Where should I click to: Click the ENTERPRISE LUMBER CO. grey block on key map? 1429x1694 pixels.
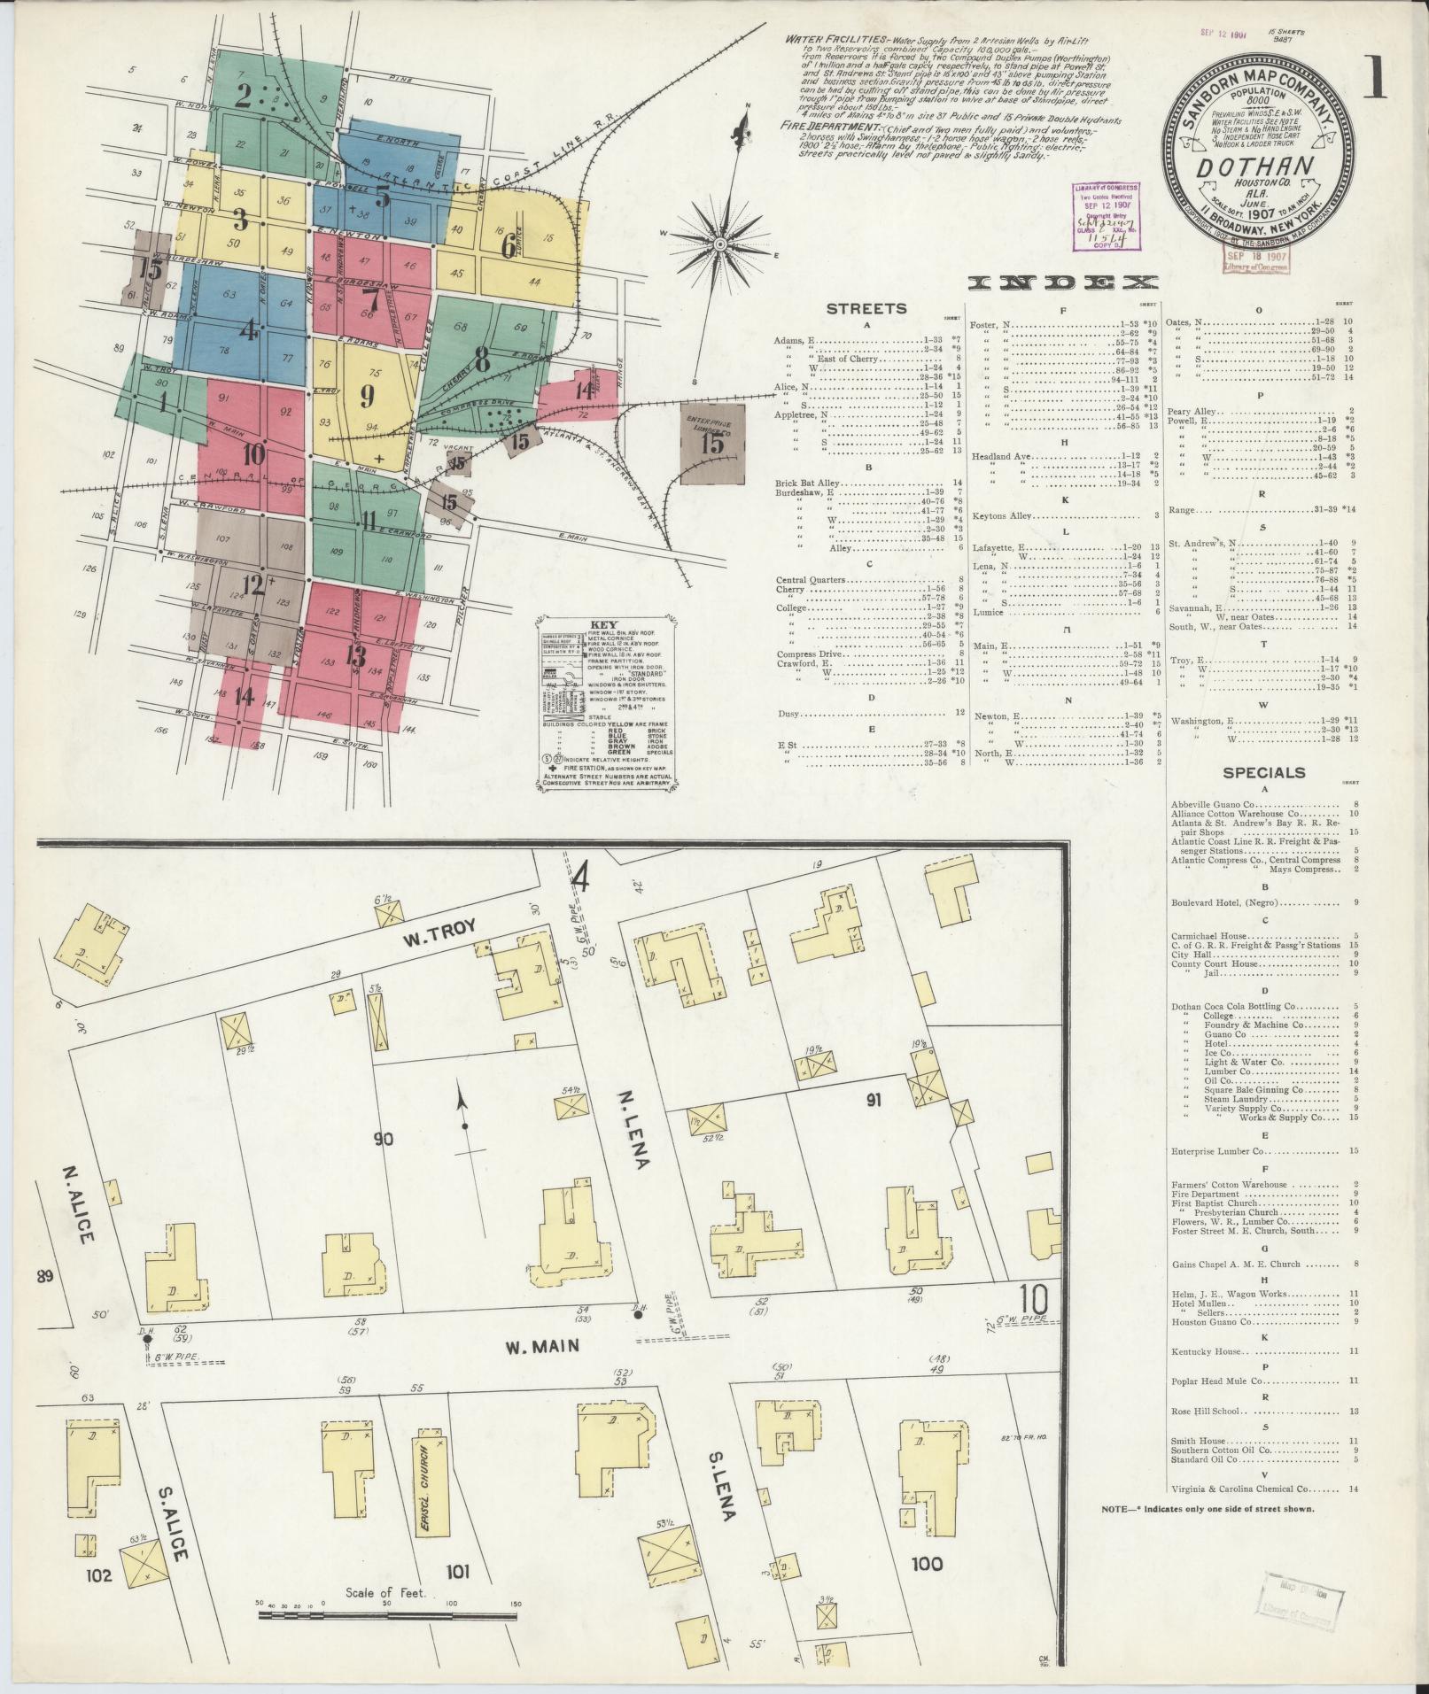pos(712,438)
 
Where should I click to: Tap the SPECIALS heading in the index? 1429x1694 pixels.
pos(1263,772)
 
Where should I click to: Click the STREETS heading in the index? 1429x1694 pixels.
pos(866,309)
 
